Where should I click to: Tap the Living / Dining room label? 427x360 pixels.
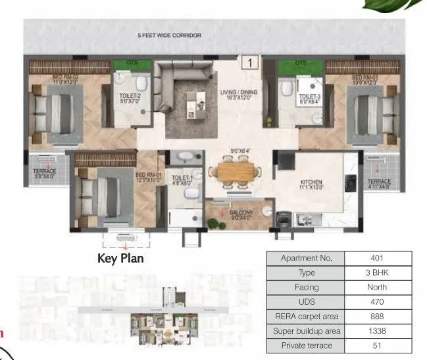pyautogui.click(x=238, y=96)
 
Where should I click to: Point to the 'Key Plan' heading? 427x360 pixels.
pyautogui.click(x=120, y=259)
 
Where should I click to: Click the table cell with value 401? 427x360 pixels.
pyautogui.click(x=377, y=259)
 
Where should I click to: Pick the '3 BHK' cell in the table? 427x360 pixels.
pyautogui.click(x=377, y=273)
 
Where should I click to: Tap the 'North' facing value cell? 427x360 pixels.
pyautogui.click(x=377, y=288)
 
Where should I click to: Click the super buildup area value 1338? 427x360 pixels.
pyautogui.click(x=377, y=331)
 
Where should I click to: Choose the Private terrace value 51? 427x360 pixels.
pyautogui.click(x=377, y=346)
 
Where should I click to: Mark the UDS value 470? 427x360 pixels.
pyautogui.click(x=377, y=302)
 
